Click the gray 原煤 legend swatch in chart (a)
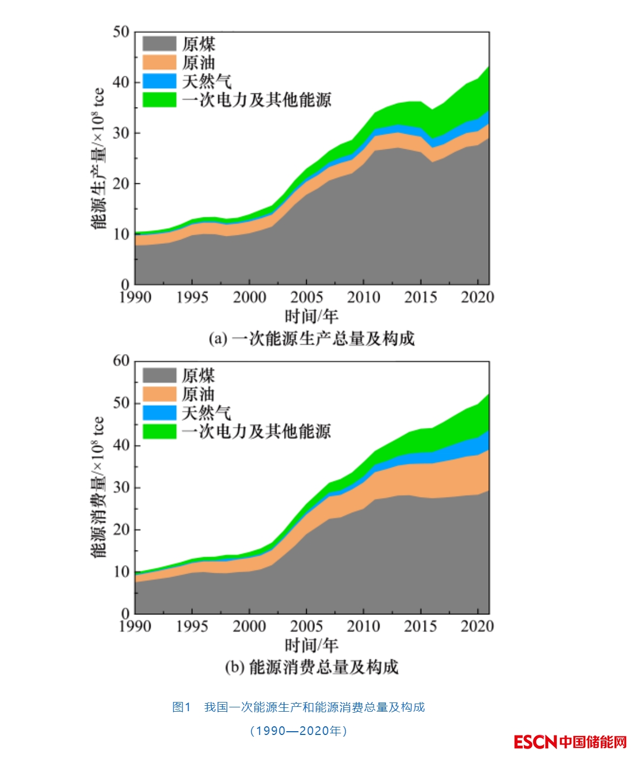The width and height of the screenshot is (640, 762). [159, 44]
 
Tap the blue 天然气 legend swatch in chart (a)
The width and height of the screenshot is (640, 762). [159, 81]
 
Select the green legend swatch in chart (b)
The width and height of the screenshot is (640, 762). [159, 432]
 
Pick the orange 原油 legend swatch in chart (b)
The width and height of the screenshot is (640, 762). [159, 394]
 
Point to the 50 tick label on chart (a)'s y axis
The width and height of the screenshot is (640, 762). [121, 32]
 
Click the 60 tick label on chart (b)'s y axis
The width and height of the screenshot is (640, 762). [121, 361]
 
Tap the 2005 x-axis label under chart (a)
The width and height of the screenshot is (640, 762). [306, 297]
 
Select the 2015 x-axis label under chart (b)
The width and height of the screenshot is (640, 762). [420, 626]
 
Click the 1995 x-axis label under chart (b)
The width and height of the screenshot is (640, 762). [192, 626]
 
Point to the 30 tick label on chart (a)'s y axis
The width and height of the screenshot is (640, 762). [121, 133]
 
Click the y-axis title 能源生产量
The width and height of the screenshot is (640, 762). [98, 158]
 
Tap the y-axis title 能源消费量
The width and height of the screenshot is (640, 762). [98, 487]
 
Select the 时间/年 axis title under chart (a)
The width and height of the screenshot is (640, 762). [311, 316]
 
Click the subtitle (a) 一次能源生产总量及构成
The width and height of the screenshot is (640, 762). [312, 339]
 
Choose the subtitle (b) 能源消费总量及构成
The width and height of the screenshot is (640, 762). [312, 667]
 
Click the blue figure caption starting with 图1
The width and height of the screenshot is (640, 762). [299, 707]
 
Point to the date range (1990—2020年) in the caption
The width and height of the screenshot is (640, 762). [299, 731]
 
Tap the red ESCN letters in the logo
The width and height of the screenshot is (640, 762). [535, 741]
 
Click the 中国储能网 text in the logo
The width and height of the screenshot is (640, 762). [592, 741]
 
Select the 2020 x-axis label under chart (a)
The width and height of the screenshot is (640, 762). [477, 297]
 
